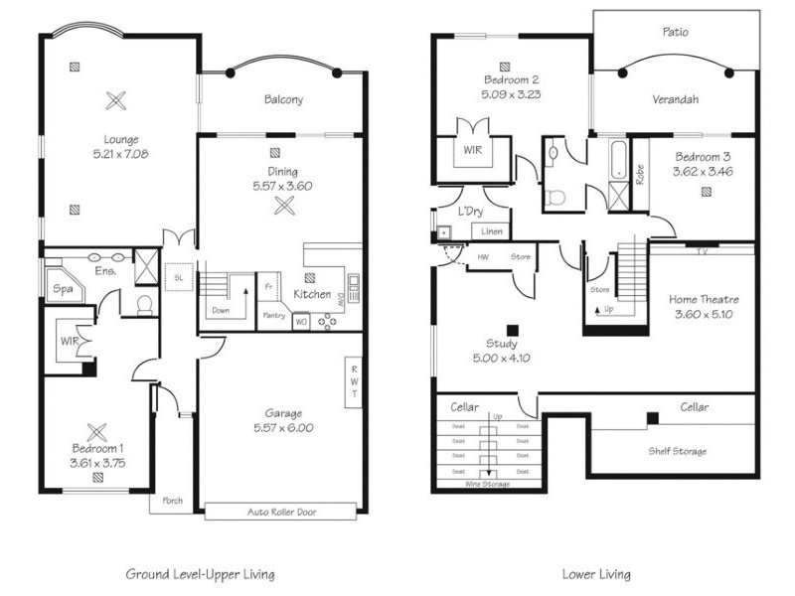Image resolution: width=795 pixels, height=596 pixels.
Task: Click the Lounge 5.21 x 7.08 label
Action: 116,147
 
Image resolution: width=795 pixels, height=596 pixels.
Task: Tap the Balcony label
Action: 283,99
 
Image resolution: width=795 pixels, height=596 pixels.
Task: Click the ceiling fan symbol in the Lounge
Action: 116,99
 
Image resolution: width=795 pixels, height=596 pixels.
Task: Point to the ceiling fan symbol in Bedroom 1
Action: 96,432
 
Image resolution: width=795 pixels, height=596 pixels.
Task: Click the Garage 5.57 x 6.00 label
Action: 284,420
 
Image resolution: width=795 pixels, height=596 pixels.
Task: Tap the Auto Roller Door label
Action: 279,513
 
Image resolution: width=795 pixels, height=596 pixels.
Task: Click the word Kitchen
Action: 312,294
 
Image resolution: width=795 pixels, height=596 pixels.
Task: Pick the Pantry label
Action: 273,316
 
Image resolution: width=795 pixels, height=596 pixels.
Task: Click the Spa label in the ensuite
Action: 61,288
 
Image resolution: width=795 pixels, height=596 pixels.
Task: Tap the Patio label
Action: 676,32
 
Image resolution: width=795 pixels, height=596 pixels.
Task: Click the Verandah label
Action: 676,99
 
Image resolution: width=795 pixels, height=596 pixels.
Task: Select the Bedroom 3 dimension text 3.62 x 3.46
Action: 703,172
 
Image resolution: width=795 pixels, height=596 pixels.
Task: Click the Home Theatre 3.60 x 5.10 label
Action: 704,306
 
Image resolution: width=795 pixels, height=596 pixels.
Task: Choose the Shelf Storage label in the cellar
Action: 680,451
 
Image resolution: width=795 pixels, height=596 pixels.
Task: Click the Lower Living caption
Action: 595,574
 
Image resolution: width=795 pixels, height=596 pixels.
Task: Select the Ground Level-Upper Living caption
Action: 200,574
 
